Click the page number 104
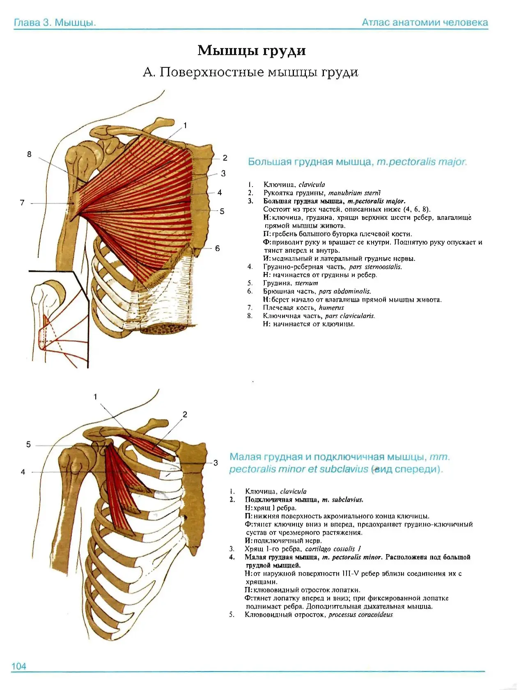[18, 666]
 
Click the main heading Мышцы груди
[252, 51]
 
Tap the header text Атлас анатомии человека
[425, 22]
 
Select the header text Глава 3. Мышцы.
[55, 23]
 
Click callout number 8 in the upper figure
[29, 154]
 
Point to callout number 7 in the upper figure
[22, 203]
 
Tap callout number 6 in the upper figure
[217, 248]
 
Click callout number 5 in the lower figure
[28, 444]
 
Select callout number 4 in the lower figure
[23, 471]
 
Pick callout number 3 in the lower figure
[216, 463]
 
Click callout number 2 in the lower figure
[185, 414]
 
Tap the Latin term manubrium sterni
[354, 193]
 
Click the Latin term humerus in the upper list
[331, 307]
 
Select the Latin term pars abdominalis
[344, 291]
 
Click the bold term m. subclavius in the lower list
[343, 499]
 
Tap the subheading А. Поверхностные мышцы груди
[250, 72]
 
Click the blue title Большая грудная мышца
[310, 162]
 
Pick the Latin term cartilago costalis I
[333, 549]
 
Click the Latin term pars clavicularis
[350, 316]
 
